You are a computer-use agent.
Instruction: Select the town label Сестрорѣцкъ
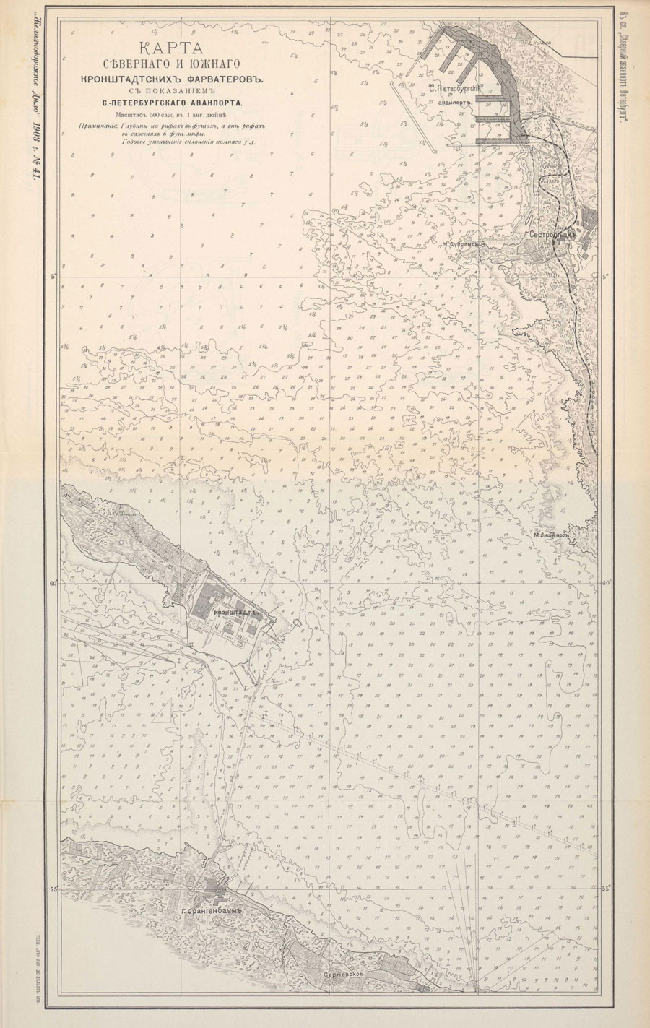pyautogui.click(x=550, y=235)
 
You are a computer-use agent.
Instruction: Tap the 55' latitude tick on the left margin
pyautogui.click(x=54, y=889)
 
